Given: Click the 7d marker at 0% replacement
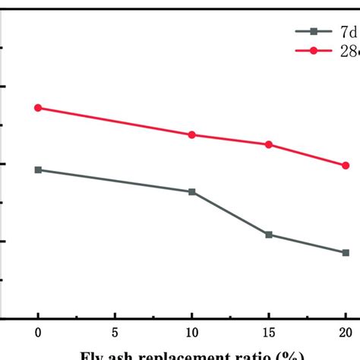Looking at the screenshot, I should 38,169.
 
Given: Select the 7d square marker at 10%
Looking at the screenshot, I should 191,191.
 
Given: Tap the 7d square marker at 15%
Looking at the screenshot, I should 269,235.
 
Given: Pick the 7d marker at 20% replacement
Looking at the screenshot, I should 346,252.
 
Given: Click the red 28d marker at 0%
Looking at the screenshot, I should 38,108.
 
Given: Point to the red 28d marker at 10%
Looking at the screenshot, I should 191,134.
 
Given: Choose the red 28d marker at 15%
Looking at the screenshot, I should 269,144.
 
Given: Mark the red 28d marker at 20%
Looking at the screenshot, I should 346,165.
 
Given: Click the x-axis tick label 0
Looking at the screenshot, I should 38,332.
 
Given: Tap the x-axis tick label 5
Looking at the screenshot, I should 115,332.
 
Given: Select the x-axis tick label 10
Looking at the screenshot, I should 191,332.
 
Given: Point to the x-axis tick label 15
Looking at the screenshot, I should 269,332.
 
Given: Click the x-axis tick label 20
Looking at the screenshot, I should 346,332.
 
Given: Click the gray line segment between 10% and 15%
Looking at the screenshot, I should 230,213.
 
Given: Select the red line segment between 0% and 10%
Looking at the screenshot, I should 115,122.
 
